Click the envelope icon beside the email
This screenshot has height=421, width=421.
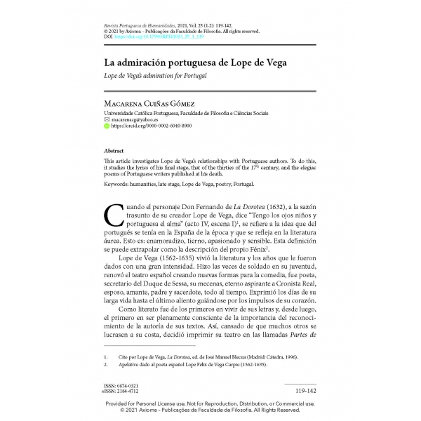(106, 120)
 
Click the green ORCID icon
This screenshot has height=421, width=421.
(106, 127)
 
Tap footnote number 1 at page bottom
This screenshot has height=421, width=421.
(106, 356)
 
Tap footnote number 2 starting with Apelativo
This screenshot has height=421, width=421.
(106, 366)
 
